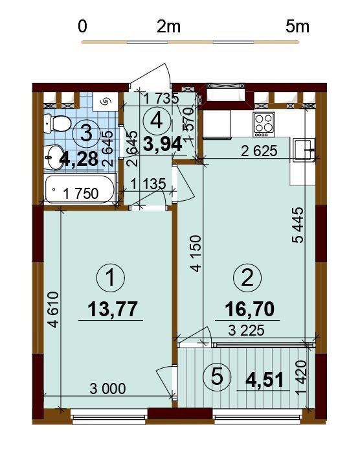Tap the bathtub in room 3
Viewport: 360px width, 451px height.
pyautogui.click(x=80, y=190)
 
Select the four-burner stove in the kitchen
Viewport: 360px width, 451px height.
pyautogui.click(x=264, y=124)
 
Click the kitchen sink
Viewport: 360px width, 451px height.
pyautogui.click(x=304, y=149)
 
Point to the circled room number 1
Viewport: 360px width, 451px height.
pyautogui.click(x=111, y=278)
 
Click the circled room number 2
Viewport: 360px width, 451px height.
pyautogui.click(x=247, y=278)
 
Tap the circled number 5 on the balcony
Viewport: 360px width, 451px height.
pyautogui.click(x=217, y=376)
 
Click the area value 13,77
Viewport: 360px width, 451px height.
pyautogui.click(x=113, y=309)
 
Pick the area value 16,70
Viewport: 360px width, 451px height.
pyautogui.click(x=249, y=309)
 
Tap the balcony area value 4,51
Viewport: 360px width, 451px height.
pyautogui.click(x=265, y=380)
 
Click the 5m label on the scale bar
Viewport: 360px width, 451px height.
pyautogui.click(x=297, y=27)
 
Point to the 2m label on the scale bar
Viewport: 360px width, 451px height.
pyautogui.click(x=168, y=27)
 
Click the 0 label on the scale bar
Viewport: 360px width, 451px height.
pyautogui.click(x=82, y=27)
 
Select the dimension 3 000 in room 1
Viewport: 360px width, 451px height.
pyautogui.click(x=107, y=389)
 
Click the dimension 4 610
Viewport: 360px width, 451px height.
pyautogui.click(x=54, y=310)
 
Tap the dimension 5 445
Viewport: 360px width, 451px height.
pyautogui.click(x=298, y=225)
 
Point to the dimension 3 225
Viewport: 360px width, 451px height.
pyautogui.click(x=246, y=330)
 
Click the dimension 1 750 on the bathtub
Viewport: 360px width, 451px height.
pyautogui.click(x=81, y=194)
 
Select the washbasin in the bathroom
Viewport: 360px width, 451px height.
pyautogui.click(x=54, y=157)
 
